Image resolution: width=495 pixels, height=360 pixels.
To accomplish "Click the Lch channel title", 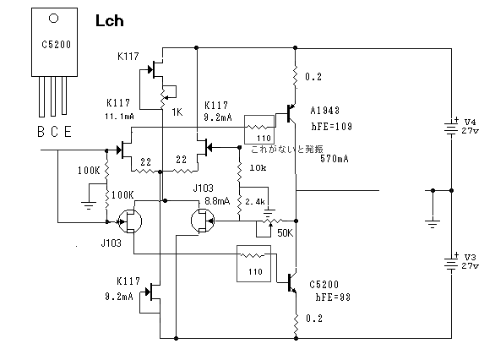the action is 109,21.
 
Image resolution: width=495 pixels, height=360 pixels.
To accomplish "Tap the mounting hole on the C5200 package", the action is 54,19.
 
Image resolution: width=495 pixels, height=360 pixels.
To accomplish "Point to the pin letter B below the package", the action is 41,132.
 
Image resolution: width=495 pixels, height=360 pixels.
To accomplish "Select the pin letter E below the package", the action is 68,132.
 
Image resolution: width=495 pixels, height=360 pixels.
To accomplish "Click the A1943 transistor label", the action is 325,111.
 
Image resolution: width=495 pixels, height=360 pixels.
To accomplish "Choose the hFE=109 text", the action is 331,126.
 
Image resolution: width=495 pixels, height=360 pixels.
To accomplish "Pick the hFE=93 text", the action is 333,297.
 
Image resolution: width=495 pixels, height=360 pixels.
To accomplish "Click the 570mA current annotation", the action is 335,159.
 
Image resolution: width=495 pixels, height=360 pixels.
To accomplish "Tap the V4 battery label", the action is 470,122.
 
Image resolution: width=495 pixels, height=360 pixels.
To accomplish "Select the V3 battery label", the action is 470,257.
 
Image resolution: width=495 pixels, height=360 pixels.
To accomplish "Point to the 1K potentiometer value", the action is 177,112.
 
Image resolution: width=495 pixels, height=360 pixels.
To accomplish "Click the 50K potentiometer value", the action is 285,233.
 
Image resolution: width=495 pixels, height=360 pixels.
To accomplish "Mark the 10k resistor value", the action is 258,167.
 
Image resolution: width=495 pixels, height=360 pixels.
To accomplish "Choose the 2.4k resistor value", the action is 255,201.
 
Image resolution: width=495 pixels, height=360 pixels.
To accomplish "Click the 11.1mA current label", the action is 119,117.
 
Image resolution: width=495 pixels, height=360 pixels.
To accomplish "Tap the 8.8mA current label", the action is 217,201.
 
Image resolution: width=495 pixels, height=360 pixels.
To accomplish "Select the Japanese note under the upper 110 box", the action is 287,149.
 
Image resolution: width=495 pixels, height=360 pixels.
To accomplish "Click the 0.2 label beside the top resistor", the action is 313,77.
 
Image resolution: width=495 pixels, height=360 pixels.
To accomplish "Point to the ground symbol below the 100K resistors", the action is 89,205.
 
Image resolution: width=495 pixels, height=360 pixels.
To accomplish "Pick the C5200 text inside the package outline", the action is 57,45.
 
